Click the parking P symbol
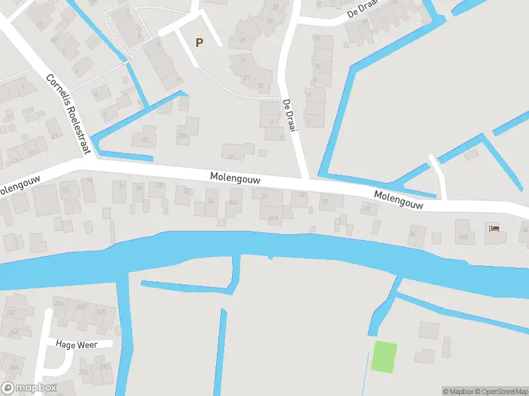[x=199, y=42]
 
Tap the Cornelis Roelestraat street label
[x=67, y=114]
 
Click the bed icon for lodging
[x=494, y=229]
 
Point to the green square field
[x=384, y=356]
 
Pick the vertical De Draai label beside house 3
[x=288, y=115]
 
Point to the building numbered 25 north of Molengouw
[x=231, y=156]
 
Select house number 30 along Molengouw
[x=323, y=201]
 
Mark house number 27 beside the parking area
[x=243, y=60]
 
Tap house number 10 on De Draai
[x=318, y=66]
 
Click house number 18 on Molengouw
[x=120, y=187]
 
